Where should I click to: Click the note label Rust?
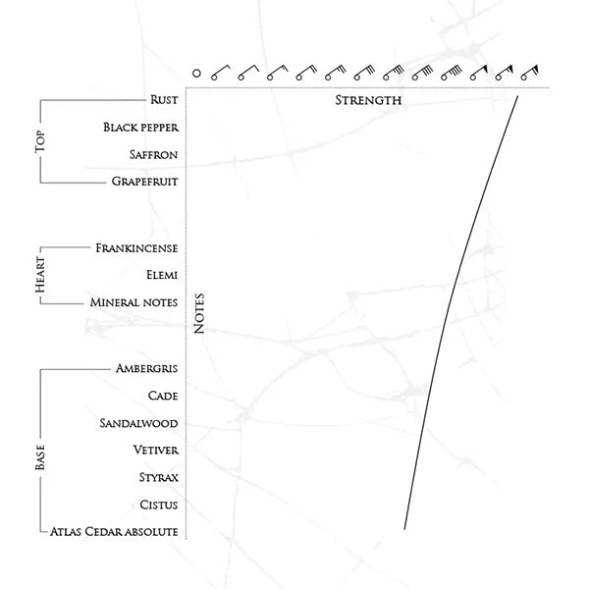[x=164, y=99]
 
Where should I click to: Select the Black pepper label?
[x=140, y=127]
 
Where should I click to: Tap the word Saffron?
[x=153, y=154]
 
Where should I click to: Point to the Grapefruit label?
[x=145, y=182]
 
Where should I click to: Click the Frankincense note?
[x=136, y=248]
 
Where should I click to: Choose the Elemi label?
[x=160, y=276]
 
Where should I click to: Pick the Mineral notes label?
[x=134, y=302]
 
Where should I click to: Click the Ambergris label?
[x=146, y=369]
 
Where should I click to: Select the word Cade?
[x=162, y=396]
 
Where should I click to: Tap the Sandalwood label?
[x=138, y=423]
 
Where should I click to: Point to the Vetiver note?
[x=154, y=450]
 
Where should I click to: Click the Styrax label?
[x=157, y=477]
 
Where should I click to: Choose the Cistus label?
[x=158, y=505]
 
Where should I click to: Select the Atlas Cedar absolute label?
[x=114, y=531]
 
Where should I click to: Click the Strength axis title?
[x=368, y=101]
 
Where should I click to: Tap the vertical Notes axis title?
[x=199, y=315]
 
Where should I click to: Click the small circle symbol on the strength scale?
[x=196, y=73]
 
